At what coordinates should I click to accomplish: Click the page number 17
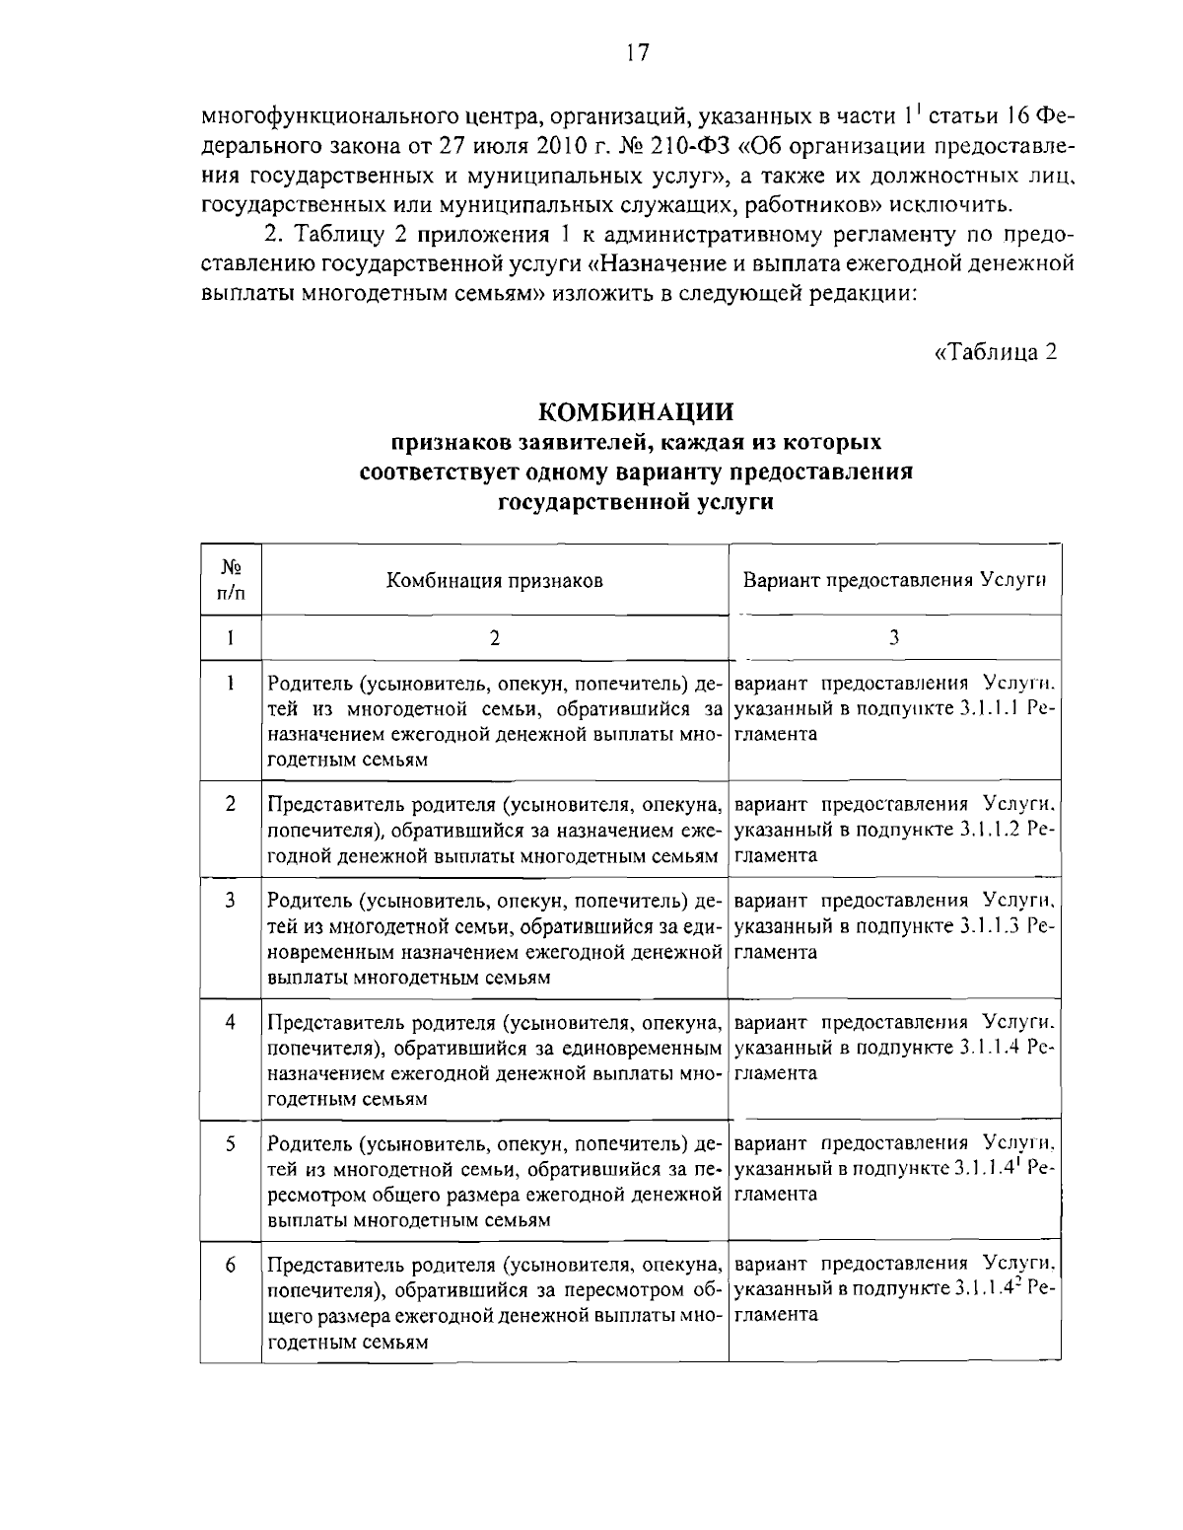(x=637, y=53)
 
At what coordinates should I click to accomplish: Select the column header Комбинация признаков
(x=494, y=580)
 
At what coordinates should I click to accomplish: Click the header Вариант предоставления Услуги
(x=894, y=580)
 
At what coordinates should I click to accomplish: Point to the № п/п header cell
(x=231, y=580)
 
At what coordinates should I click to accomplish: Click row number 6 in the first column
(x=230, y=1264)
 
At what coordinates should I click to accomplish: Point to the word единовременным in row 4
(x=649, y=1048)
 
